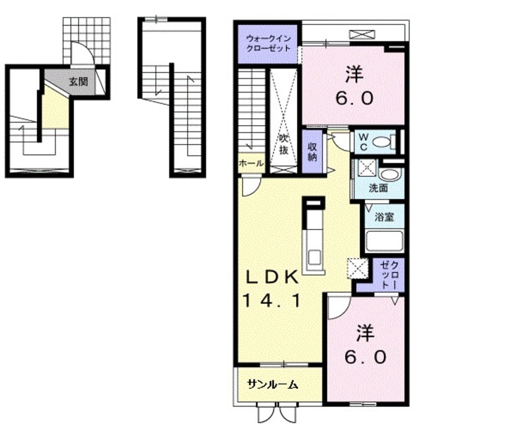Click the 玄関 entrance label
tap(79, 81)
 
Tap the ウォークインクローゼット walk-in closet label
tap(268, 43)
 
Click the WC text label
tap(363, 141)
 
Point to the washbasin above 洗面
tap(390, 175)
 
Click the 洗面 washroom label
tap(378, 188)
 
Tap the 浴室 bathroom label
tap(385, 217)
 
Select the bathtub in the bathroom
tap(385, 241)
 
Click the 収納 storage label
tap(312, 151)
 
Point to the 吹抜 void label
tap(283, 144)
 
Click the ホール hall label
tap(251, 163)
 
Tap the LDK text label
tap(272, 278)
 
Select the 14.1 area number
tap(272, 301)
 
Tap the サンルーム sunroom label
tap(273, 384)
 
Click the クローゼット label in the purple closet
tap(388, 275)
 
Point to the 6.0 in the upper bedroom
tap(354, 98)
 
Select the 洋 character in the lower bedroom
tap(365, 333)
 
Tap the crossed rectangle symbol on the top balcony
tap(362, 34)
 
